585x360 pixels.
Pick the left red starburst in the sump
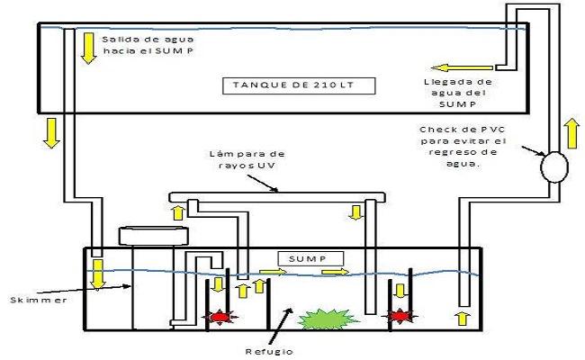click(x=219, y=317)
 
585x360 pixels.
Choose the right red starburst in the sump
click(x=398, y=317)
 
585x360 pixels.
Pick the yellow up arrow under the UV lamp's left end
click(x=179, y=212)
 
